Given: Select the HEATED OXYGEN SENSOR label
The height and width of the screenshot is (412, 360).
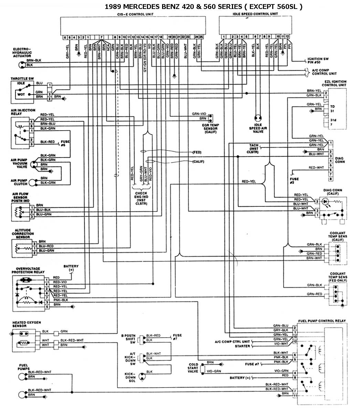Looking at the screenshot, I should click(x=27, y=324).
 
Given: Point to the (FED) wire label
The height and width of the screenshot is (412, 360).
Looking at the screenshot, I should click(x=197, y=152).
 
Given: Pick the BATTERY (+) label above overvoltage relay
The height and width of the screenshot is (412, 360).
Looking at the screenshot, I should click(x=71, y=268).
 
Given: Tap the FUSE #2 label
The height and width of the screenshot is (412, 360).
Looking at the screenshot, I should click(x=294, y=181).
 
